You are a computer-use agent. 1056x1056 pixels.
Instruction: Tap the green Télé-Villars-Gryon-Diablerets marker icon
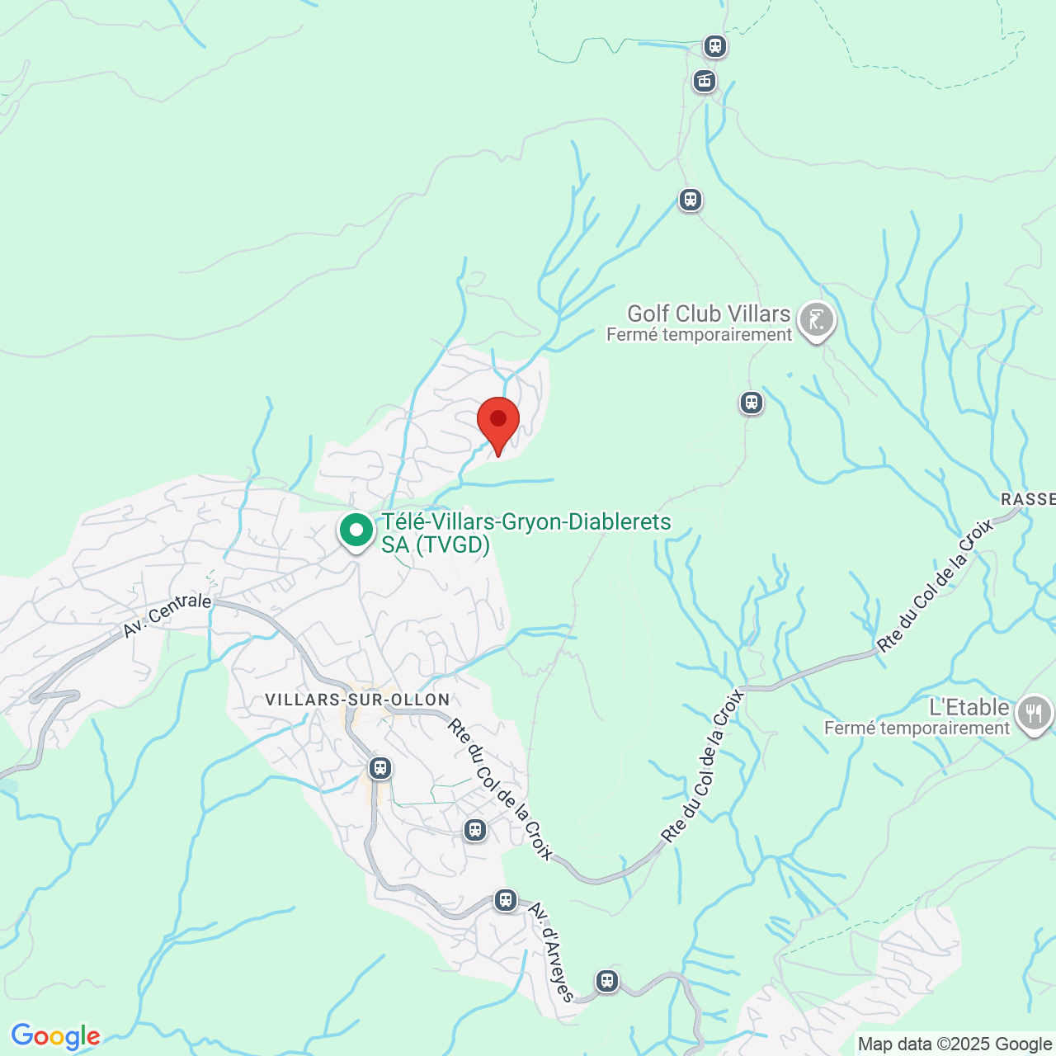point(356,530)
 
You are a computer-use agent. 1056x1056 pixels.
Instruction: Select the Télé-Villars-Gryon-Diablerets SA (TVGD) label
point(526,533)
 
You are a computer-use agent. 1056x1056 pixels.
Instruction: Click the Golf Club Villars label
point(709,313)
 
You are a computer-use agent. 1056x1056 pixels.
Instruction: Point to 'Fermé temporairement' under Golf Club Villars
point(699,335)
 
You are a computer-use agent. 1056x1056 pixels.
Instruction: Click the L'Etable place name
point(969,707)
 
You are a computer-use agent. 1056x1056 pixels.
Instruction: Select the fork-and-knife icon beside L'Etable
point(1034,714)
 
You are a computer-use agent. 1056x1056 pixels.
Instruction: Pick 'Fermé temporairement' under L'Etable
point(917,728)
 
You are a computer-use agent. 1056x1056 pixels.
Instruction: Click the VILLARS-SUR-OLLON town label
point(357,700)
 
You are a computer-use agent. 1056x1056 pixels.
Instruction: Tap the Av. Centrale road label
point(167,615)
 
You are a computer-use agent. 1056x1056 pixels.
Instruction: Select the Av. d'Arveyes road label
point(550,950)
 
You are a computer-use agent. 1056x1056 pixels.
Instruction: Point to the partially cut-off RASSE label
point(1028,499)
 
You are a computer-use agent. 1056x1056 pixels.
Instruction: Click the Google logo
point(55,1036)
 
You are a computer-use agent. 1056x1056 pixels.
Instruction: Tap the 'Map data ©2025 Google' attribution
point(955,1044)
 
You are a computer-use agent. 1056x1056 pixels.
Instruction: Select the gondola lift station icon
point(705,81)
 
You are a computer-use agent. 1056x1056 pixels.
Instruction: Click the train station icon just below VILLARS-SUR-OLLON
point(379,768)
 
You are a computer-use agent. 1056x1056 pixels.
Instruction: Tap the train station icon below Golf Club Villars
point(751,403)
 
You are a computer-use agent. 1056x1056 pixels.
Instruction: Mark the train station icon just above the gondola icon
point(714,45)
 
